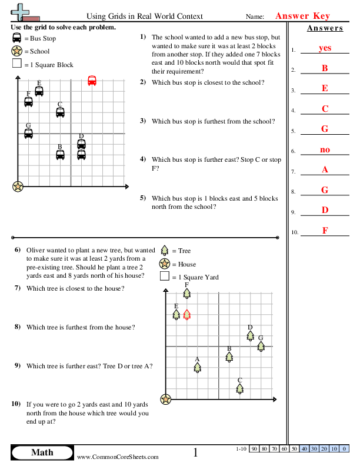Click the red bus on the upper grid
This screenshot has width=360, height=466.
click(92, 81)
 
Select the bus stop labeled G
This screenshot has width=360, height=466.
click(28, 133)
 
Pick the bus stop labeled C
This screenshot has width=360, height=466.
click(60, 112)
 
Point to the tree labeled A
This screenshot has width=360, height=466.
click(197, 367)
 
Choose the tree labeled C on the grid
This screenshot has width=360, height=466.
click(239, 388)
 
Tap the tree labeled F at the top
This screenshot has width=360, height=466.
click(186, 292)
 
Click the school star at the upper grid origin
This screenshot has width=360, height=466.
click(18, 187)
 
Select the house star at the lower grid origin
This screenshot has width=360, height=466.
click(166, 400)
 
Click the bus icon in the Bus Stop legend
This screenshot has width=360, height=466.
click(16, 38)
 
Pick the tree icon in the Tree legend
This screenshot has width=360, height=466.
click(165, 251)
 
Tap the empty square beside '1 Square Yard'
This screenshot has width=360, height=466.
click(165, 277)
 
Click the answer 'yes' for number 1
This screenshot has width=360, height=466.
click(325, 48)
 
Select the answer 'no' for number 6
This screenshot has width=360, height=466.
click(325, 150)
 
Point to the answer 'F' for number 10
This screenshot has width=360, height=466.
click(325, 231)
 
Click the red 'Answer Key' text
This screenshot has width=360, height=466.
click(302, 16)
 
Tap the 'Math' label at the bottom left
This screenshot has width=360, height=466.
click(42, 452)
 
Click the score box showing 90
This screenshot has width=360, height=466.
click(255, 449)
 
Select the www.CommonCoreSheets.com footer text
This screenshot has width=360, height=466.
click(118, 457)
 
